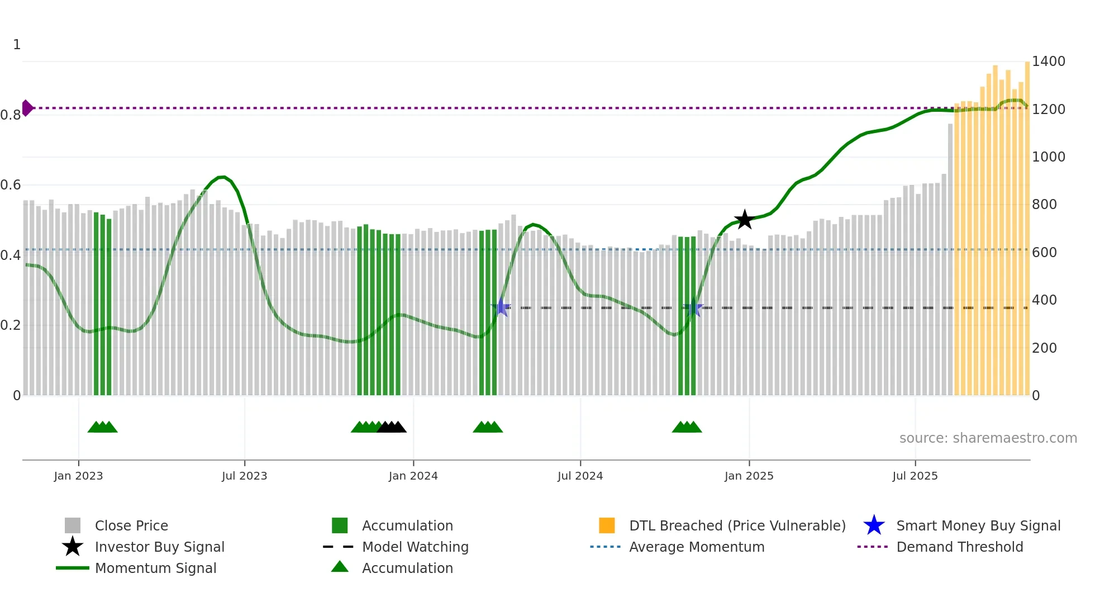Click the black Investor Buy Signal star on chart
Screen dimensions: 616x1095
(744, 220)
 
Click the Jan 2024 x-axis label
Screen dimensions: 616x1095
(413, 476)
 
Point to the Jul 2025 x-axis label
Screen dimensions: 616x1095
(915, 476)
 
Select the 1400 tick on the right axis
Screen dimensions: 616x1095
(1048, 61)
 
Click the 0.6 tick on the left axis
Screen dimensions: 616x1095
(11, 185)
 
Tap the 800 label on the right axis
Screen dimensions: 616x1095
(1044, 205)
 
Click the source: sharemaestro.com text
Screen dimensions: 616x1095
(988, 438)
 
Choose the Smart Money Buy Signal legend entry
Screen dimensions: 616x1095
(978, 525)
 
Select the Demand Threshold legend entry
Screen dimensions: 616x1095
(959, 547)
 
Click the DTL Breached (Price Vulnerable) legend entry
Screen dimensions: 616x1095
(737, 525)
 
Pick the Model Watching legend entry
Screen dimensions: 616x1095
(415, 547)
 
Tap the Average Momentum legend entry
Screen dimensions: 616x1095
(696, 547)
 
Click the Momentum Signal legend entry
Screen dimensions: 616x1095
(155, 568)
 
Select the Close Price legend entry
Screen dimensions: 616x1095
(131, 525)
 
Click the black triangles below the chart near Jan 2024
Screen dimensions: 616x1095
(392, 427)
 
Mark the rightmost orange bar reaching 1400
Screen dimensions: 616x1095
(1027, 224)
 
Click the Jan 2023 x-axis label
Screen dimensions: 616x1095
(78, 476)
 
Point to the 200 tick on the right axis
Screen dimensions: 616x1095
(1044, 348)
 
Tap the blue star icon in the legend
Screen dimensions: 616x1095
(874, 525)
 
